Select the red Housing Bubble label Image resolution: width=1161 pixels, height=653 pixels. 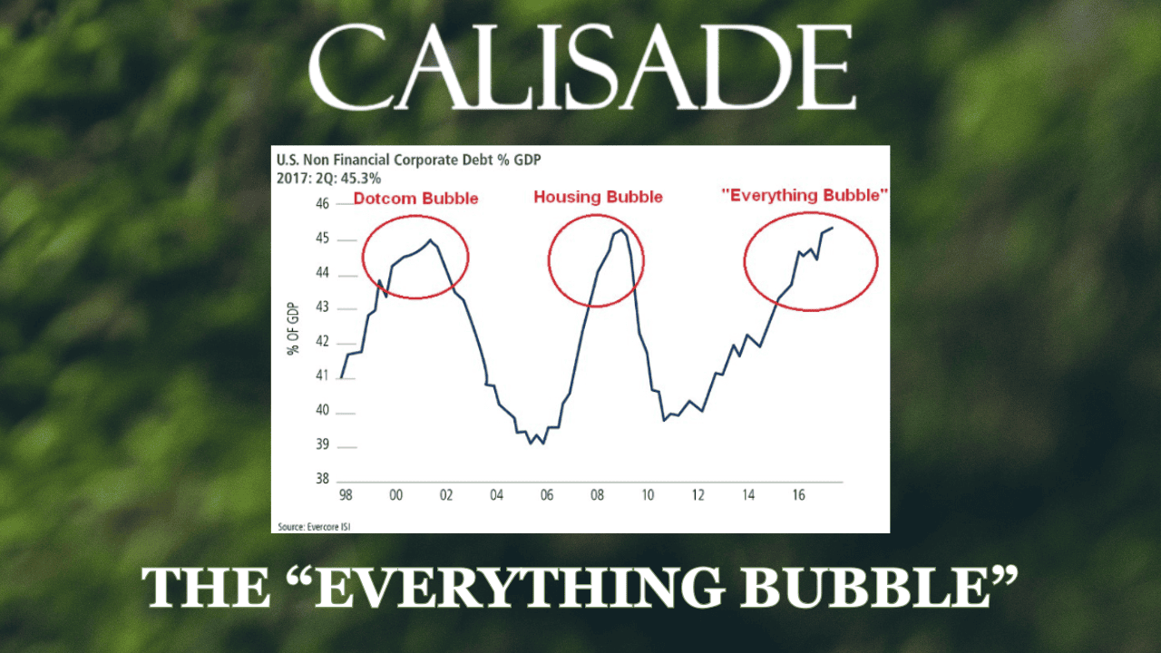(598, 197)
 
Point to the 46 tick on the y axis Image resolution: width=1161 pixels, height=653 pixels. (322, 206)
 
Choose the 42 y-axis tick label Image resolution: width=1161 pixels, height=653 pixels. (322, 344)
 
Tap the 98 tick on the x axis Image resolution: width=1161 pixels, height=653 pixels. (344, 496)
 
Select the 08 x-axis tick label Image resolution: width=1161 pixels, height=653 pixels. (596, 496)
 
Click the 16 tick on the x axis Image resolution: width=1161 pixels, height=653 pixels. (798, 496)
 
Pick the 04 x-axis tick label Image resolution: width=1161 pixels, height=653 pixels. (495, 496)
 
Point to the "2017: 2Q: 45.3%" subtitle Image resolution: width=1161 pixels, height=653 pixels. (328, 177)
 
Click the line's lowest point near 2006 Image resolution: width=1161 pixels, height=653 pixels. (532, 443)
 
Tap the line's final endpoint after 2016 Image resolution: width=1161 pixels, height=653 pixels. (833, 228)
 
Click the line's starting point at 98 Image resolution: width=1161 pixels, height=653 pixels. (341, 377)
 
